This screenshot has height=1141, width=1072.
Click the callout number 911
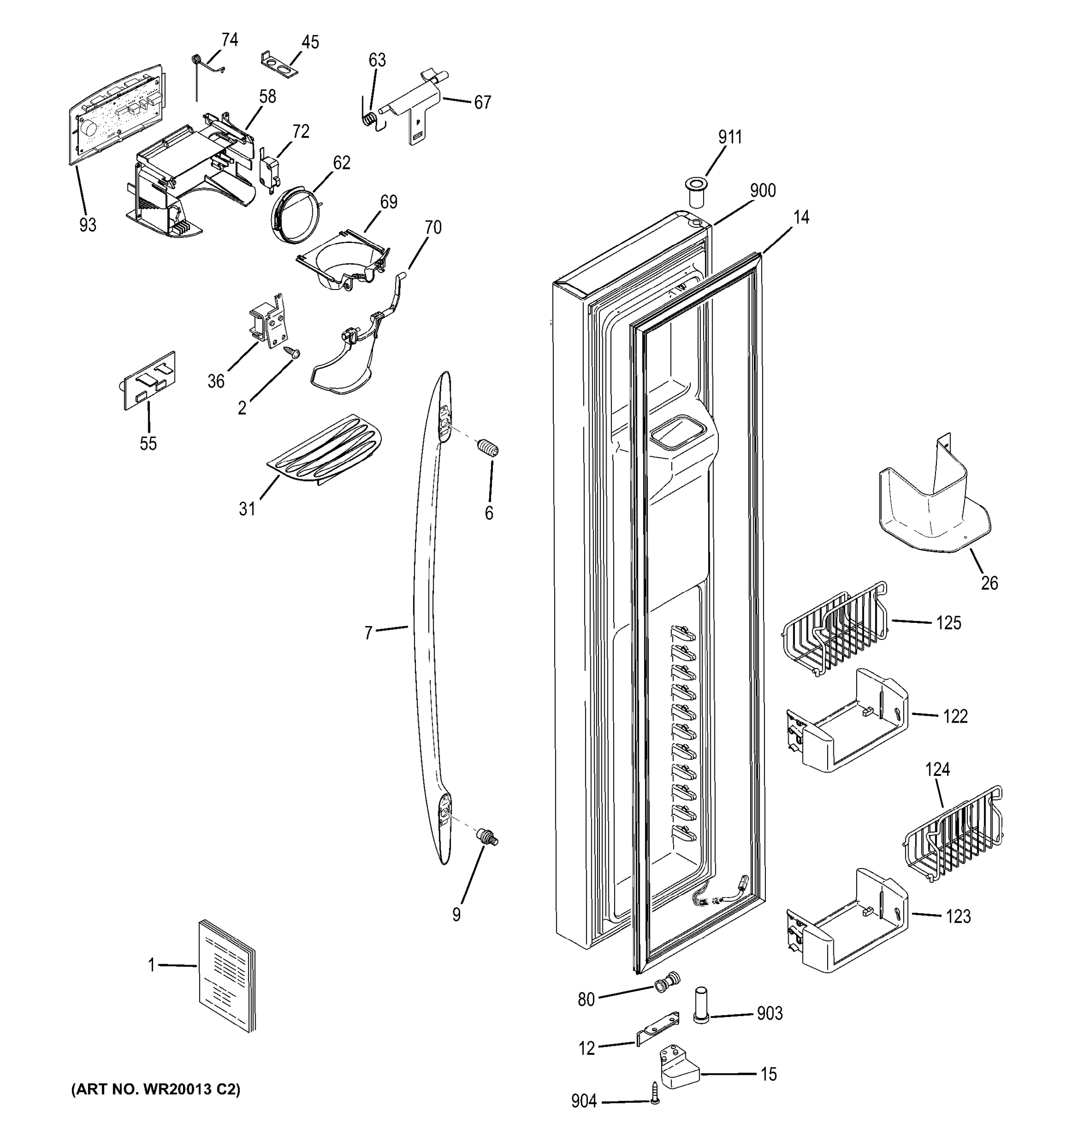tap(730, 137)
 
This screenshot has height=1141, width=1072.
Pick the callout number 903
tap(770, 1014)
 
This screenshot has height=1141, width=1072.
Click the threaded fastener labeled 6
tap(488, 447)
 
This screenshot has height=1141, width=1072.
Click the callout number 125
tap(948, 623)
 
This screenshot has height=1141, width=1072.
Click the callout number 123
tap(958, 917)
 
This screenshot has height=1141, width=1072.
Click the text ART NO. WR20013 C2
tap(155, 1089)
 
